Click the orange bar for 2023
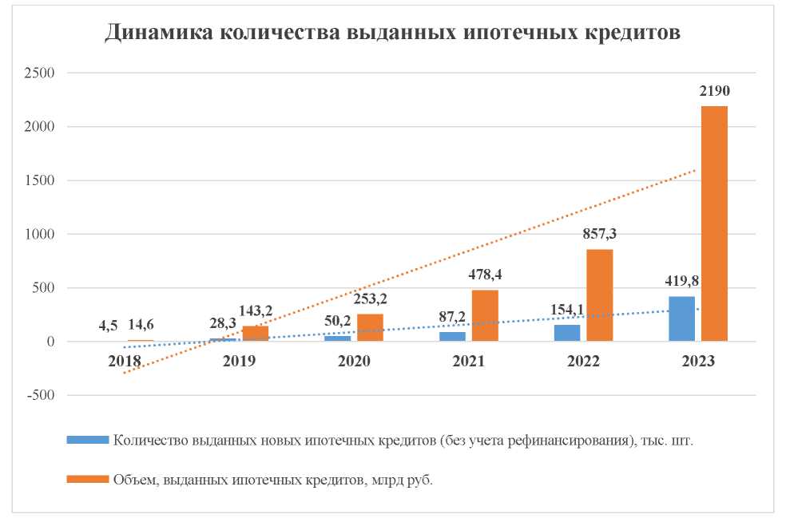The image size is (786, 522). tap(714, 223)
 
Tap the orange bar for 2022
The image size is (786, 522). tap(599, 295)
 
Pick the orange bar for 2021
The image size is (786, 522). tap(485, 315)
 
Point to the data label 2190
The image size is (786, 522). tap(714, 91)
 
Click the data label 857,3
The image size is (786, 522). tap(601, 234)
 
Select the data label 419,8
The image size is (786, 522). tap(681, 281)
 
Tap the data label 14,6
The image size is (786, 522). tap(141, 324)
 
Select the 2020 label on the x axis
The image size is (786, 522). tap(354, 361)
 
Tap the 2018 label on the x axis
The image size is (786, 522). tap(125, 361)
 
